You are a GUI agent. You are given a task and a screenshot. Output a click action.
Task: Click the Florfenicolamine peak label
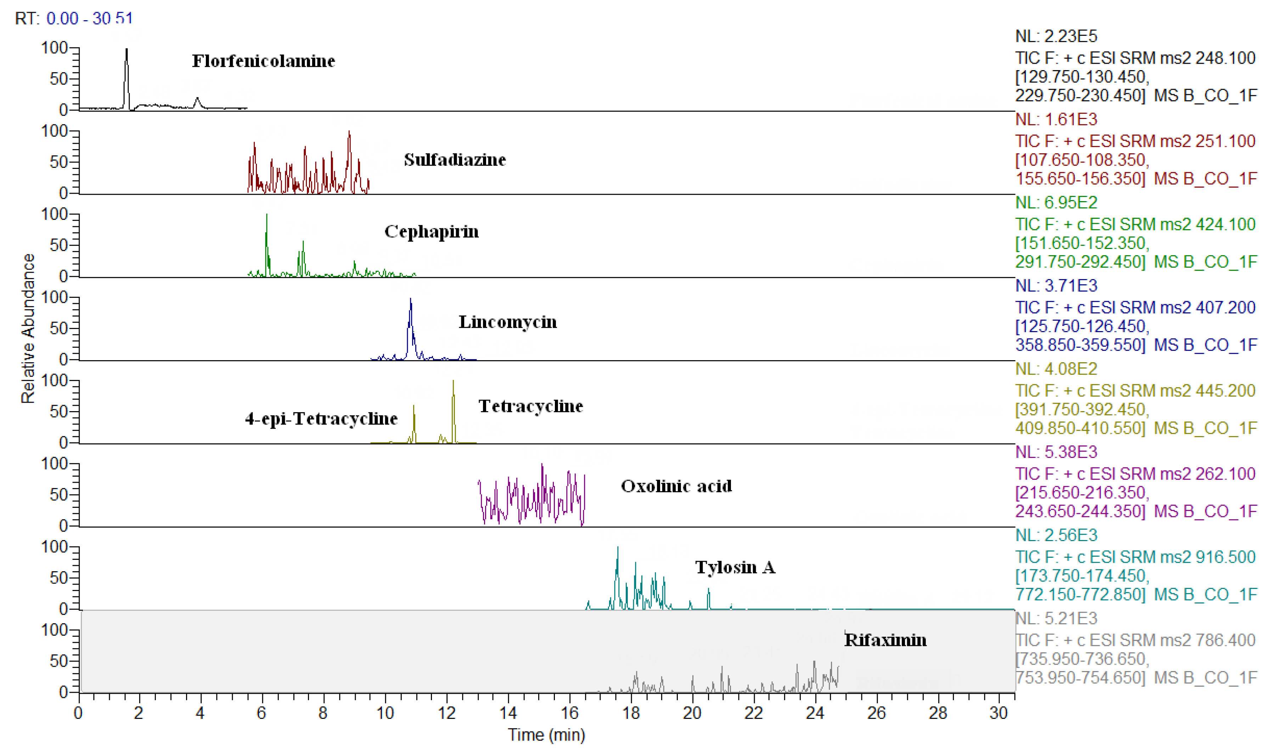coord(263,61)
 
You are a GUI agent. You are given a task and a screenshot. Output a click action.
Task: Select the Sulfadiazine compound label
coord(455,160)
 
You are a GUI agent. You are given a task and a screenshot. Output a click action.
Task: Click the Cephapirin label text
coord(431,232)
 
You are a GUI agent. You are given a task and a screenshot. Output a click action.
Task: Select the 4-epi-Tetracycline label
coord(321,419)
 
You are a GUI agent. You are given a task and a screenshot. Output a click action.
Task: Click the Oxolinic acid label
coord(676,486)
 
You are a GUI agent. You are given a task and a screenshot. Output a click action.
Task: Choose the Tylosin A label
coord(735,567)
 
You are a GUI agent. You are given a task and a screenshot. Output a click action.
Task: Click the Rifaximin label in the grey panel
coord(885,640)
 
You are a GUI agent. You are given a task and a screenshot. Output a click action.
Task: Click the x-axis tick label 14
coord(508,713)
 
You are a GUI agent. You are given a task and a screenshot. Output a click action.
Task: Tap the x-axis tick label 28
coord(938,713)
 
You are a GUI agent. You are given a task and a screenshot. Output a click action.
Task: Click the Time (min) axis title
coord(546,735)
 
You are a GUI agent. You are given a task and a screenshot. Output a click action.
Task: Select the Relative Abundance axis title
coord(28,329)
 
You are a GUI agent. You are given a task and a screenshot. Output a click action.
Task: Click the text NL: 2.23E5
coord(1056,36)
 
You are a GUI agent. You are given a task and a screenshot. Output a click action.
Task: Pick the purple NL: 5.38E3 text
coord(1056,452)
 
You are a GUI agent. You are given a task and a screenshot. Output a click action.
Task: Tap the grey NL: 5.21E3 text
coord(1056,619)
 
